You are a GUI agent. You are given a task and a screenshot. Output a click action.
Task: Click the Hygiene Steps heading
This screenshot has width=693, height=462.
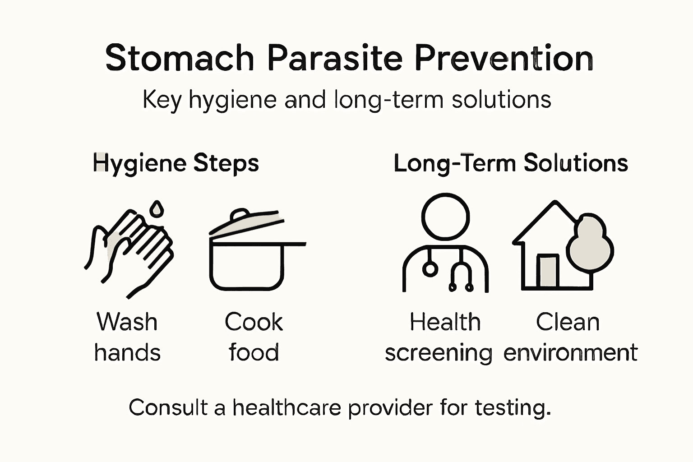[176, 163]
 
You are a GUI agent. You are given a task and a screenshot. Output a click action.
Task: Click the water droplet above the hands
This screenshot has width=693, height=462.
[157, 208]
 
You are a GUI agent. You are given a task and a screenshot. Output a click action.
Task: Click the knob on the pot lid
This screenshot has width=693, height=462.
[240, 215]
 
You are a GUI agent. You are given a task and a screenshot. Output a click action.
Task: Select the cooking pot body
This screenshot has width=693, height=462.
[246, 266]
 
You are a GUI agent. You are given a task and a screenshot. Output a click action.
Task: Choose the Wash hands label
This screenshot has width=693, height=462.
[127, 337]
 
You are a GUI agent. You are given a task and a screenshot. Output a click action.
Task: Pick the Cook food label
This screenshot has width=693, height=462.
[254, 337]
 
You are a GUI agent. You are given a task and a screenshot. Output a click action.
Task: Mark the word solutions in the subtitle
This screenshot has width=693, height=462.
[501, 99]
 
